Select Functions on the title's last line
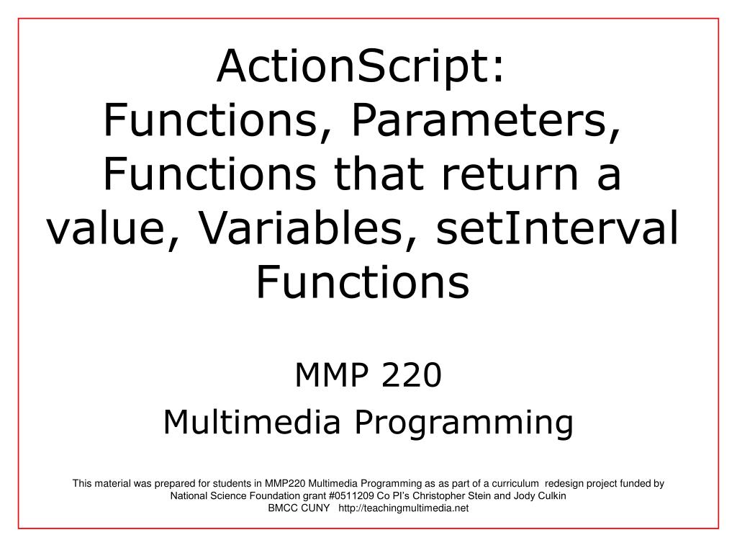point(363,283)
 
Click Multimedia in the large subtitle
point(251,422)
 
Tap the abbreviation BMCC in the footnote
point(284,508)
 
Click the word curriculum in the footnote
point(510,485)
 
